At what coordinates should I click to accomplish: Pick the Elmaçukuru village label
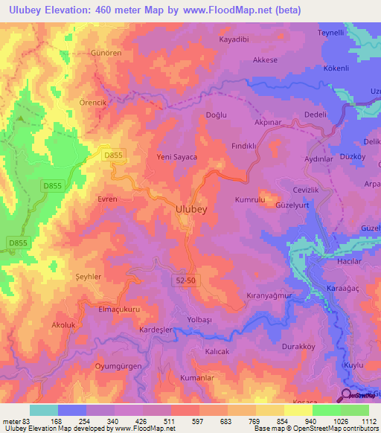(x=120, y=308)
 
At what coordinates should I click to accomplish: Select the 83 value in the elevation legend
(x=27, y=421)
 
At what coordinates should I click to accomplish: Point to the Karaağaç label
(x=343, y=287)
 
